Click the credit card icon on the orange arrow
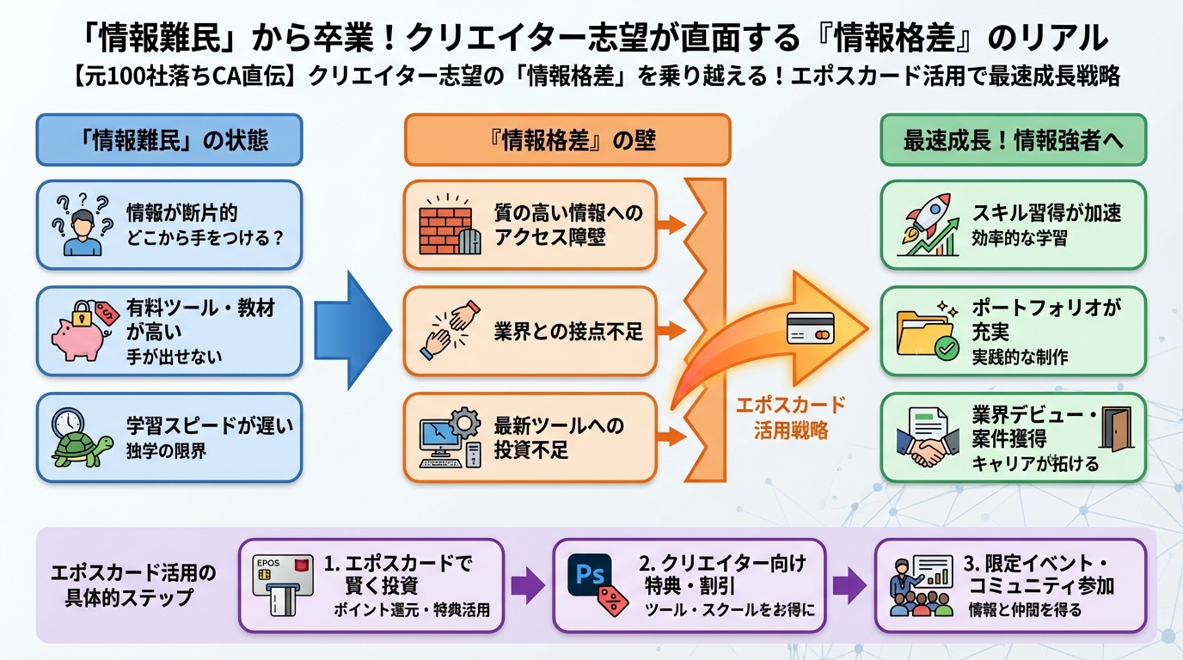click(x=810, y=328)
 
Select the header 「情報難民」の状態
click(x=169, y=140)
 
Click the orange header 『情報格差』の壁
click(x=567, y=140)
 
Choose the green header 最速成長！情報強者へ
click(x=1013, y=140)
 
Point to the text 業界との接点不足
click(x=568, y=332)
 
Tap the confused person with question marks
click(x=83, y=225)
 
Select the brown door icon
click(x=1117, y=429)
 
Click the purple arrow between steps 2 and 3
click(x=849, y=585)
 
